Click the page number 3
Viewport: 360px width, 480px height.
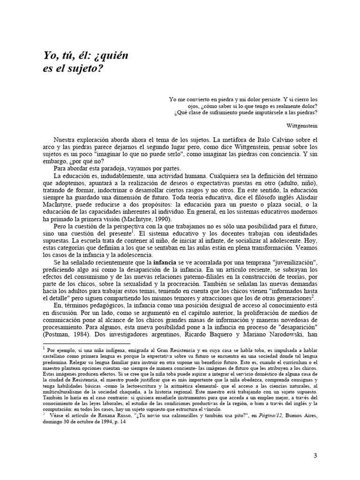[x=315, y=455]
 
